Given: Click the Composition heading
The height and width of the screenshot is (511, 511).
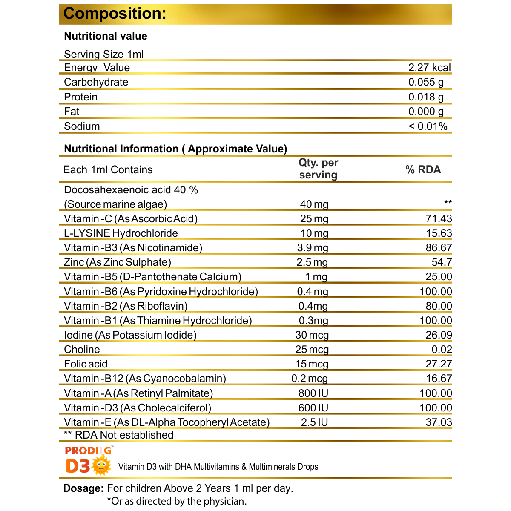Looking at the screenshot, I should click(115, 13).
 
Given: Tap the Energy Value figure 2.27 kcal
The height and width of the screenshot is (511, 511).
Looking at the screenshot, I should click(429, 68).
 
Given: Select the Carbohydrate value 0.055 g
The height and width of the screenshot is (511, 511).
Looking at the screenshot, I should click(426, 82).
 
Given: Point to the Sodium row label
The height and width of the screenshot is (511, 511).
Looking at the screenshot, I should click(82, 126).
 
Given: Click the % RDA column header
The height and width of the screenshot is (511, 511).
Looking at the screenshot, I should click(423, 169).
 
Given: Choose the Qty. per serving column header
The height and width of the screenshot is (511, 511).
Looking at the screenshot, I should click(318, 169).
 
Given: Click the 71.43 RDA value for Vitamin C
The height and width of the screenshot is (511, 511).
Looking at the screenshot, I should click(439, 219).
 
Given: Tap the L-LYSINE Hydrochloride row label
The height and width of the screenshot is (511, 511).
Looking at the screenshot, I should click(121, 233).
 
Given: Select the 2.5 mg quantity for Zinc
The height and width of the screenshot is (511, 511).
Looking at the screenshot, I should click(312, 262).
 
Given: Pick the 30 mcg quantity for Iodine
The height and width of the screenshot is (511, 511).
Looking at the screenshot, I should click(312, 335).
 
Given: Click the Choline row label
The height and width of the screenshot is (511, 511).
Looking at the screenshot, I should click(82, 350).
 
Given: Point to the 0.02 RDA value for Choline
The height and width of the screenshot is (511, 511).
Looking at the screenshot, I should click(442, 350).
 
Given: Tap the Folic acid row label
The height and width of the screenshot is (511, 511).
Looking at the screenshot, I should click(86, 364).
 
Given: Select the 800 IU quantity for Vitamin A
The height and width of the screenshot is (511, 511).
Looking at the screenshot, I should click(313, 393).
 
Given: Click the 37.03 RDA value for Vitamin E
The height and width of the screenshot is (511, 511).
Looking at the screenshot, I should click(439, 422).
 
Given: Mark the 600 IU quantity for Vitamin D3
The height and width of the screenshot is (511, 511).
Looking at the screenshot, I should click(313, 408).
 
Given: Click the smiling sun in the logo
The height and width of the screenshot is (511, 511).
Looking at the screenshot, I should click(101, 465).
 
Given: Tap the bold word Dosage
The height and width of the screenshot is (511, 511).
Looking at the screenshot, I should click(83, 488).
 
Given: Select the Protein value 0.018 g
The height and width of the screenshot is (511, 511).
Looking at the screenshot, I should click(426, 97).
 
